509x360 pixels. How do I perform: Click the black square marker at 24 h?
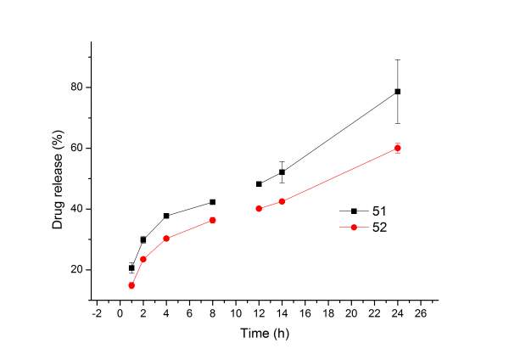[x=397, y=92]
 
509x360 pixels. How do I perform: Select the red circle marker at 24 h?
[x=397, y=148]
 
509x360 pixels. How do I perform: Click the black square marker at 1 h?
[x=131, y=267]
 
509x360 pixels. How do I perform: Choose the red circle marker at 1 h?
[x=131, y=285]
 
